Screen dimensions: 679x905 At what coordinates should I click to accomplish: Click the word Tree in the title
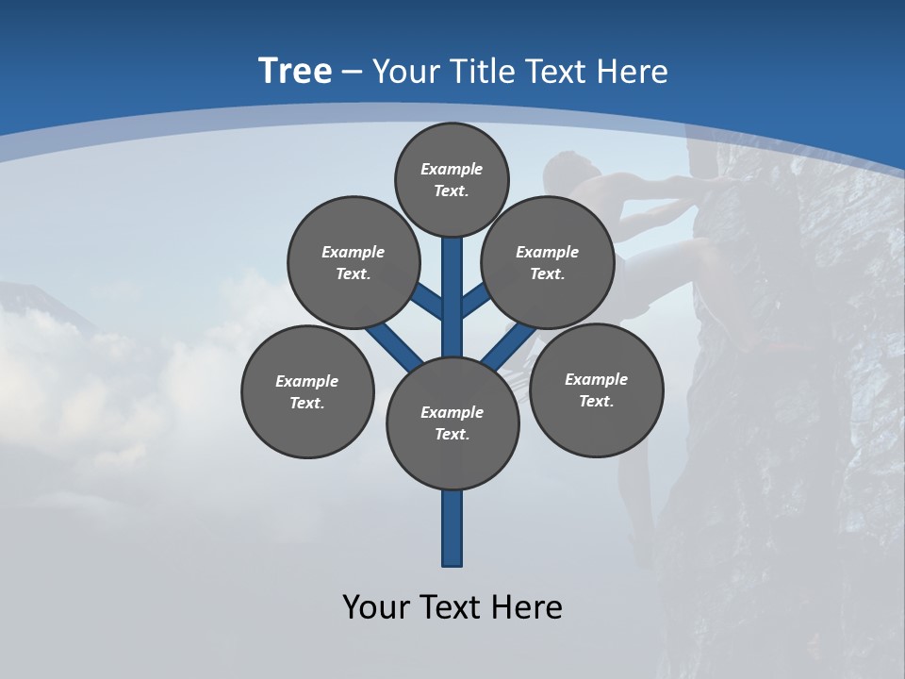point(295,72)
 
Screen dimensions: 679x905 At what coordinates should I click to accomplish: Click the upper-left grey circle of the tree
point(353,262)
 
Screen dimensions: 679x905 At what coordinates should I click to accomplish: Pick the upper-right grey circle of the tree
point(547,262)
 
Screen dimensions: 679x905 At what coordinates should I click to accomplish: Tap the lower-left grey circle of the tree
point(307,391)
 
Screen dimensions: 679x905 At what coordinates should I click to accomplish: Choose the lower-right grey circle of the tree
point(596,389)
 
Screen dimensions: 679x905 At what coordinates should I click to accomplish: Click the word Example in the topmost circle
point(452,169)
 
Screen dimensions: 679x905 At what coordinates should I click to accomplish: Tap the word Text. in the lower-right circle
point(596,401)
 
